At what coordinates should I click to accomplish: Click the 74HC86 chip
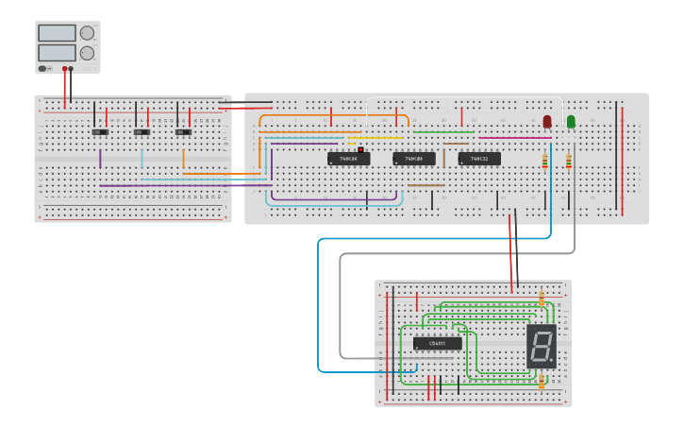(348, 159)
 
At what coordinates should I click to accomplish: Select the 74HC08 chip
(414, 159)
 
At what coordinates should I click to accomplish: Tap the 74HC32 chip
(479, 159)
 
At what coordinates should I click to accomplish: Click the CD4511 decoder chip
(438, 343)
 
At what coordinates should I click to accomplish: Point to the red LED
(546, 122)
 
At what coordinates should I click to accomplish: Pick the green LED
(571, 122)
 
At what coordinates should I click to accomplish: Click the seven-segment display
(541, 346)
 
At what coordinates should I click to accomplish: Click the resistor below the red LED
(545, 163)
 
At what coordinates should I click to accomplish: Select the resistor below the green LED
(569, 163)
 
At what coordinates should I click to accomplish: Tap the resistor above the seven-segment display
(542, 300)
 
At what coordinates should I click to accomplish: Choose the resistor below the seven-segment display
(542, 382)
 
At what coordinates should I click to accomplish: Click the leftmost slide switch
(97, 132)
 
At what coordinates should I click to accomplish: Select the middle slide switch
(142, 132)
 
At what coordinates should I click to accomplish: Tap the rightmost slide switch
(183, 132)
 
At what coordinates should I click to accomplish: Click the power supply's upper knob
(87, 33)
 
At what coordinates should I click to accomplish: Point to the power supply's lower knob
(87, 54)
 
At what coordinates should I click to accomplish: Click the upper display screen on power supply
(57, 33)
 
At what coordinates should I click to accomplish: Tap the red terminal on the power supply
(64, 69)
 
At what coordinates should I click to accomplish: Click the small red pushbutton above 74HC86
(360, 149)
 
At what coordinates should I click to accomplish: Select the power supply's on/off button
(42, 69)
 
